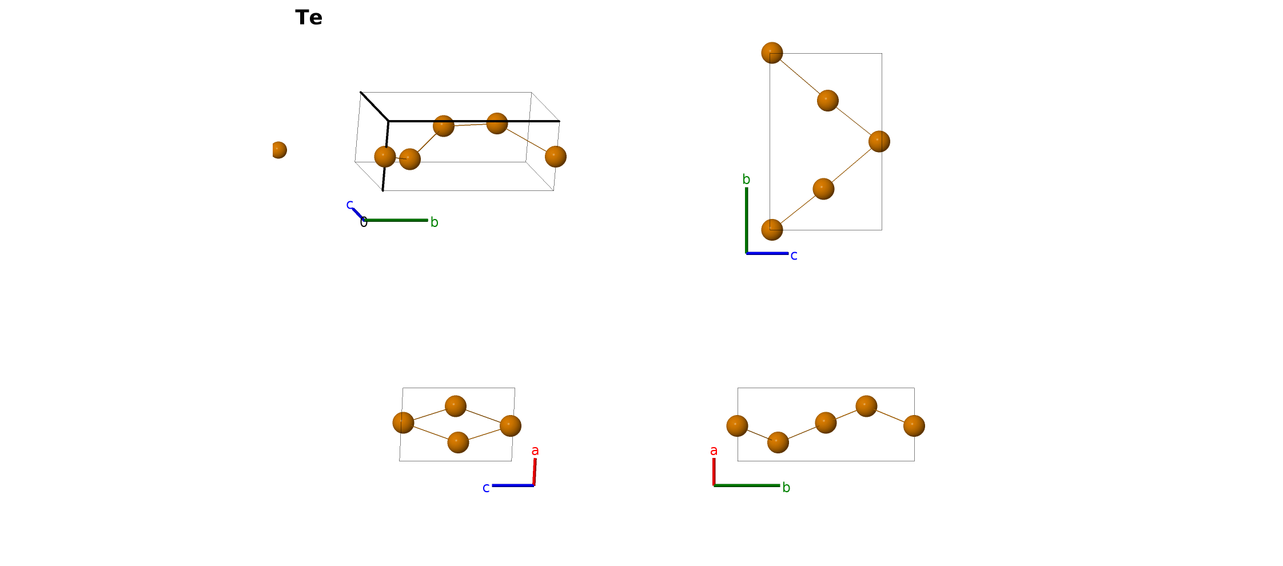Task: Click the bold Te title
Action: (x=309, y=18)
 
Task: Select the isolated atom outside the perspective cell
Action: (x=278, y=150)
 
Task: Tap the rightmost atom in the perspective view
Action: (x=556, y=157)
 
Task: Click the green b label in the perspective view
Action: (x=435, y=222)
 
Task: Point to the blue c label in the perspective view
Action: (x=350, y=205)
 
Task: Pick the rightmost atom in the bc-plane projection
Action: (x=879, y=141)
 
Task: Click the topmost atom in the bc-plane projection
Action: (x=772, y=53)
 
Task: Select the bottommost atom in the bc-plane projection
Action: (x=772, y=230)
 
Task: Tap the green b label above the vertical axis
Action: (x=746, y=180)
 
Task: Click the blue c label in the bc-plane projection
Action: (x=794, y=256)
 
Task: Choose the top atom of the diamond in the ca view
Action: (x=456, y=406)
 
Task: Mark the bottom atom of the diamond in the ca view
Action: (x=458, y=443)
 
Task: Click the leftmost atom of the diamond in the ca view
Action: (x=403, y=423)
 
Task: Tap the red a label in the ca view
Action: (x=535, y=451)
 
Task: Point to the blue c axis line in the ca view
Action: (x=513, y=485)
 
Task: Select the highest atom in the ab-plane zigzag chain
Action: (x=866, y=406)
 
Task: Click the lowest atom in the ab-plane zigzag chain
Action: (x=778, y=443)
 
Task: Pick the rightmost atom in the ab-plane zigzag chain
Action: (x=914, y=426)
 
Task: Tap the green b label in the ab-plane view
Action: (x=786, y=488)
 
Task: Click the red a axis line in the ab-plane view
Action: (x=714, y=472)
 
